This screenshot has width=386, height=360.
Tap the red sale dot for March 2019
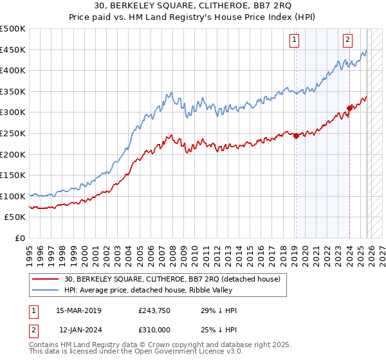pyautogui.click(x=296, y=136)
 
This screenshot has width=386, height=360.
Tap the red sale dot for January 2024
pyautogui.click(x=349, y=108)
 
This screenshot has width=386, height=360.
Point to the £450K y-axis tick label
pyautogui.click(x=13, y=50)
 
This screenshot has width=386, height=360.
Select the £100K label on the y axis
pyautogui.click(x=13, y=196)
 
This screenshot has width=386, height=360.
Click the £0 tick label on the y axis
pyautogui.click(x=20, y=238)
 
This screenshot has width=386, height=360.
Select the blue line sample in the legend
pyautogui.click(x=46, y=290)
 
